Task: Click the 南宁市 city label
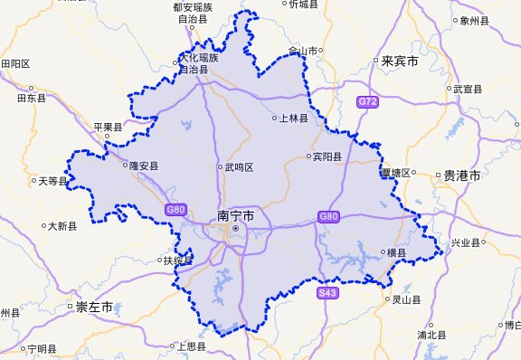tap(236, 216)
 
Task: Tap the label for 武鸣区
tap(240, 167)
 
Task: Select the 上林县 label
tap(294, 118)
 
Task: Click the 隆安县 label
tap(144, 166)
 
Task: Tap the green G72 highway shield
tap(366, 102)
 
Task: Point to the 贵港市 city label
tap(460, 175)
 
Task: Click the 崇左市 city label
tap(94, 308)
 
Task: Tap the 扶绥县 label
tap(179, 261)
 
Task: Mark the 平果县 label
tap(108, 127)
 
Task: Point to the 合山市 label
tap(305, 52)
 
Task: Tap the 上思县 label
tap(193, 346)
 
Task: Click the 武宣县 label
tap(469, 89)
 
